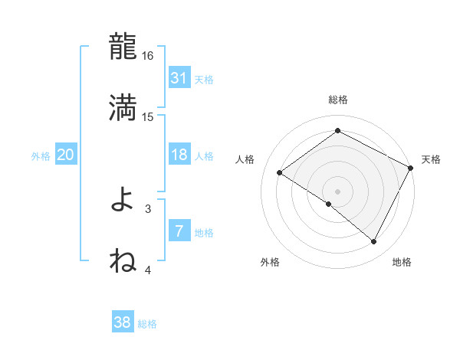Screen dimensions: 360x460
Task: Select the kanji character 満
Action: [123, 108]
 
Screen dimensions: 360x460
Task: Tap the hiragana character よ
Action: [123, 200]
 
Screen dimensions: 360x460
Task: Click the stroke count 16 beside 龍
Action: [148, 56]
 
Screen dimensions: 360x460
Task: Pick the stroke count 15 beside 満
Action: [148, 117]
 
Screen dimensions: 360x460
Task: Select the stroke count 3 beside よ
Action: [148, 208]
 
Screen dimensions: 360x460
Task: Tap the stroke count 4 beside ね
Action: [148, 270]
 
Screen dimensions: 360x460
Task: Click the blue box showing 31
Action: [179, 78]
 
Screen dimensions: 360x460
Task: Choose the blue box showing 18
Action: [179, 155]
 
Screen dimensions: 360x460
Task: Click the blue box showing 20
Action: [65, 155]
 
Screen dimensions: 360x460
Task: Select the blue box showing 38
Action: [122, 323]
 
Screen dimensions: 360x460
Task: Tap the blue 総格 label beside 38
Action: [147, 324]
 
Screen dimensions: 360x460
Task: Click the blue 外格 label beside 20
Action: [41, 155]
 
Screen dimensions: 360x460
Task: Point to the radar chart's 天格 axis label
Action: [431, 159]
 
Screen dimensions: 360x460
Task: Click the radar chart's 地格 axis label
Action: [402, 263]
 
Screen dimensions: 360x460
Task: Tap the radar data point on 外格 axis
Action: [329, 204]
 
